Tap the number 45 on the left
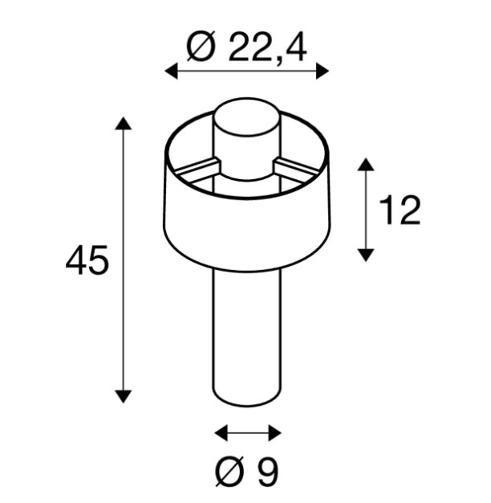(87, 262)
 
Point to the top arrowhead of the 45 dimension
(123, 123)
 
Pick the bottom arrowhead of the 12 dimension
(366, 255)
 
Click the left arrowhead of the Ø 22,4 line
(171, 72)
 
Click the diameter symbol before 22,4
(200, 48)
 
